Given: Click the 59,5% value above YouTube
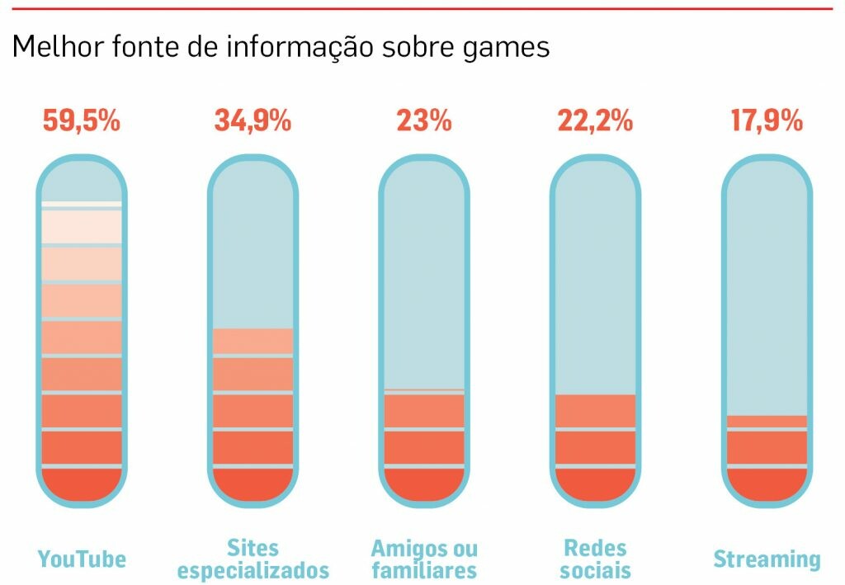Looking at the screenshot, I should [x=82, y=120].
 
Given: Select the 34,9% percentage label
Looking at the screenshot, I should [x=253, y=120].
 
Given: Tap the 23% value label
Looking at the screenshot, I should [x=424, y=120].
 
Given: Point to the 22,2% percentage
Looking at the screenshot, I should [x=595, y=120].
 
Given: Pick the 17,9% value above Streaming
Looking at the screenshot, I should [x=767, y=120].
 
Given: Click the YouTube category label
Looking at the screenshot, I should [x=82, y=559].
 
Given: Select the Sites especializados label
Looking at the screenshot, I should [x=253, y=559].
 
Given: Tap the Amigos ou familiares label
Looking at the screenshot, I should [x=424, y=559].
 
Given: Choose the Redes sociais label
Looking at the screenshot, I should [x=595, y=559].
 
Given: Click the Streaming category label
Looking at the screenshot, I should [x=767, y=559].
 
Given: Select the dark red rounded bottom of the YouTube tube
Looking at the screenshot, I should [x=82, y=485].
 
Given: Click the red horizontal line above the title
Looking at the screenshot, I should [x=422, y=9].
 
